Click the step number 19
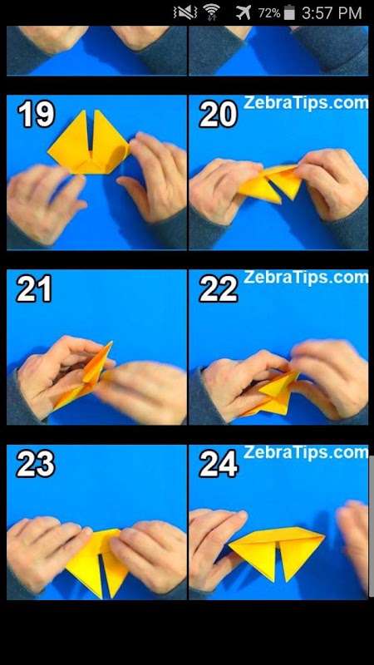(x=36, y=115)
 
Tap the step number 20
(x=218, y=115)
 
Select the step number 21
(x=34, y=288)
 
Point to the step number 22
(x=219, y=288)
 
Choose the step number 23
(x=36, y=464)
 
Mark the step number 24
(x=219, y=464)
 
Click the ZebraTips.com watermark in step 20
(x=306, y=103)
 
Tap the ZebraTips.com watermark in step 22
(x=306, y=278)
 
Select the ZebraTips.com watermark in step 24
(x=306, y=452)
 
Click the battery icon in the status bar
(x=289, y=12)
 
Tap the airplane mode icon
(x=244, y=12)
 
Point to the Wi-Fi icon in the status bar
(x=211, y=12)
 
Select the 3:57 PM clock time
(x=332, y=12)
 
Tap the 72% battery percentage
(x=269, y=13)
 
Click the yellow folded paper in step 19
(x=89, y=142)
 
